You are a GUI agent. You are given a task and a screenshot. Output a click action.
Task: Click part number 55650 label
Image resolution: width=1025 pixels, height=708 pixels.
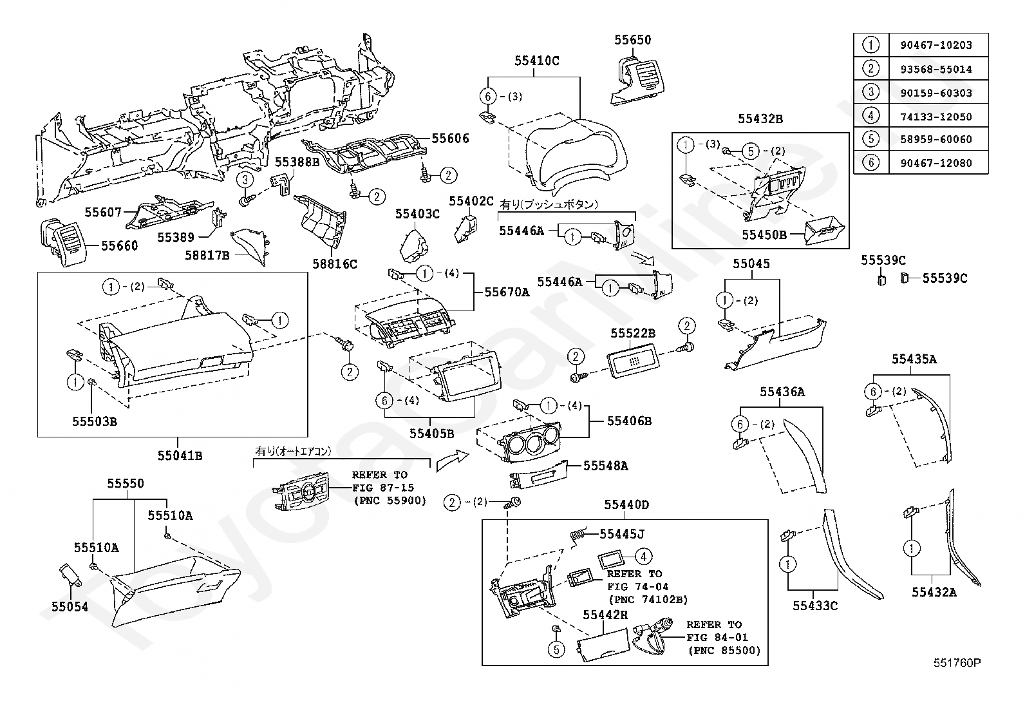tap(632, 40)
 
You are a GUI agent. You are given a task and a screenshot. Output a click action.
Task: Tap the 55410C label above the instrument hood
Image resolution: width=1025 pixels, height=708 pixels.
tap(536, 61)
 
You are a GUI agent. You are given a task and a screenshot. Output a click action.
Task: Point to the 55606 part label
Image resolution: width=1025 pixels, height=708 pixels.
tap(450, 139)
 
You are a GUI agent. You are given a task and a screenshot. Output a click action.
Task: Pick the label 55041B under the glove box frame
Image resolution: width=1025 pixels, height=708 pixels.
tap(180, 455)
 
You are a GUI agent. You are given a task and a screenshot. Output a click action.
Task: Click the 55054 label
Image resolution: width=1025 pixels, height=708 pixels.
tap(70, 607)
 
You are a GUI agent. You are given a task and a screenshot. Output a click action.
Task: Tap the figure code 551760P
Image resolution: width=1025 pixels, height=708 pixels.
tap(957, 662)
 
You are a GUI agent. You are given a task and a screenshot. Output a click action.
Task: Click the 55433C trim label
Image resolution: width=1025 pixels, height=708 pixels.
tap(814, 606)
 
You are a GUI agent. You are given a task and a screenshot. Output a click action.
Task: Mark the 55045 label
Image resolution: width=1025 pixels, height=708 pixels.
tap(751, 263)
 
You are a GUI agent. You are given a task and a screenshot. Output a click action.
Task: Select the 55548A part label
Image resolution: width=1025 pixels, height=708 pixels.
tap(605, 465)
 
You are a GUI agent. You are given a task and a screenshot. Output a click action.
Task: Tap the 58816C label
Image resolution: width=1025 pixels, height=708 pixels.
tap(334, 263)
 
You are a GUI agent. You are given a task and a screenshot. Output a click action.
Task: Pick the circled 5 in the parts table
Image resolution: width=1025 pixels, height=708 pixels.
tap(870, 139)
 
